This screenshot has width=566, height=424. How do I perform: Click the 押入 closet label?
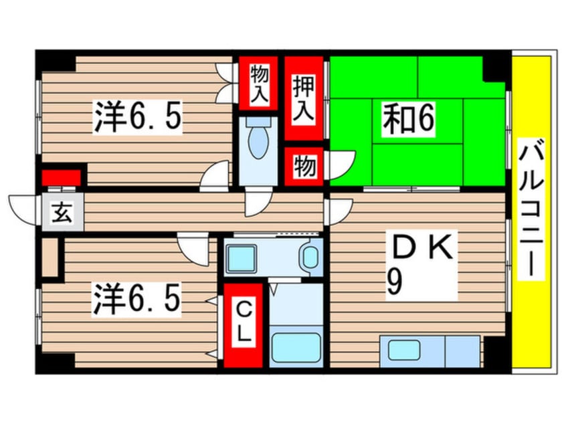pyautogui.click(x=302, y=99)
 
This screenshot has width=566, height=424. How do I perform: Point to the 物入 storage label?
pyautogui.click(x=260, y=84)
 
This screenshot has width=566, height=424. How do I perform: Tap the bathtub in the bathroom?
pyautogui.click(x=296, y=346)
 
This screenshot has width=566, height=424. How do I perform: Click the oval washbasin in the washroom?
pyautogui.click(x=309, y=257)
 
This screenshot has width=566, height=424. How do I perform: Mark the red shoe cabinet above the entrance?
pyautogui.click(x=62, y=177)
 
